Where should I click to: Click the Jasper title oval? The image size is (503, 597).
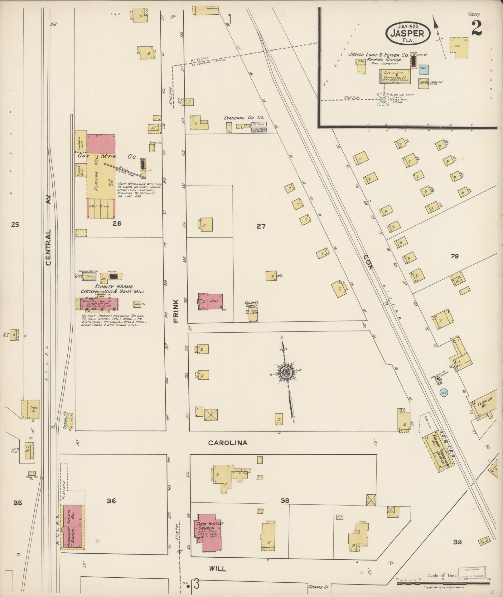tap(408, 33)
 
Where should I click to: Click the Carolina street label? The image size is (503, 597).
tap(228, 443)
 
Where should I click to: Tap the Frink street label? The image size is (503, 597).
tap(176, 311)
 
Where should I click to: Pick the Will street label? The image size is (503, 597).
tap(218, 569)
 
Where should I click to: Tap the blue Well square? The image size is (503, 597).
tap(423, 68)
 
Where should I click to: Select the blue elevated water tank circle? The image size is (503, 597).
tap(383, 100)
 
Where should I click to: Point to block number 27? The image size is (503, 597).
tap(261, 227)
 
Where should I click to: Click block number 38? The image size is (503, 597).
tap(285, 501)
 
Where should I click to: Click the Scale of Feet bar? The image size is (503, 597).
tap(443, 583)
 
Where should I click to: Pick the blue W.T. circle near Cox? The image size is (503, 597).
tap(444, 392)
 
